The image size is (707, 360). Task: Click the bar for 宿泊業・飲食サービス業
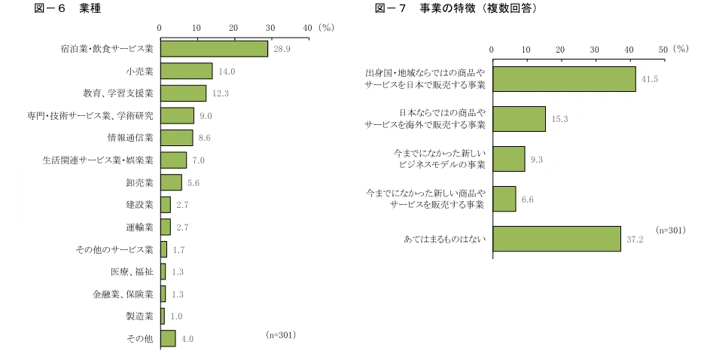[214, 49]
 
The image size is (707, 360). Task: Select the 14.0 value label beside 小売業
[227, 72]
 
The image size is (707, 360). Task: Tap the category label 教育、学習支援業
[118, 93]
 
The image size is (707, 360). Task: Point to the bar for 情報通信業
[176, 138]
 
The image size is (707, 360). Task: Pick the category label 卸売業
[139, 182]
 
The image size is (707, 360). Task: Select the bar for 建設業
[165, 205]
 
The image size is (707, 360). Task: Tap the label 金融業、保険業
[123, 294]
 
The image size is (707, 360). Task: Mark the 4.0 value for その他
[187, 339]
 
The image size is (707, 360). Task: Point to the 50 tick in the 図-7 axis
[663, 48]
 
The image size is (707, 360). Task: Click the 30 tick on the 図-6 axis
[270, 27]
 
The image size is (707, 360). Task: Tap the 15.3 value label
[559, 119]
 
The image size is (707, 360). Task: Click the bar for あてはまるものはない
[556, 239]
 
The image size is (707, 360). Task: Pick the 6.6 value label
[527, 200]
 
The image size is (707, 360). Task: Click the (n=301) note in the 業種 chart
[281, 334]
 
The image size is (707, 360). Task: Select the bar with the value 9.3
[508, 159]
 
